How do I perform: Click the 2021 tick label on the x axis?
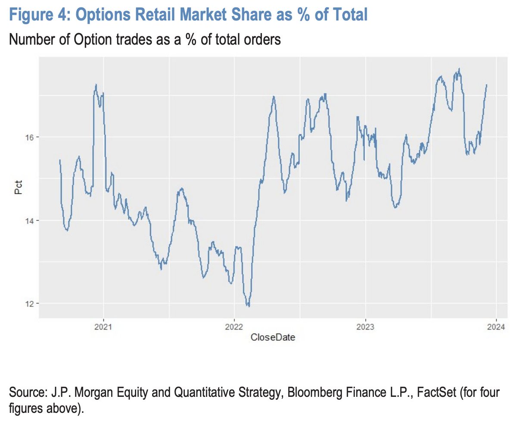(103, 327)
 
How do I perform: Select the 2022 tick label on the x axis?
(234, 327)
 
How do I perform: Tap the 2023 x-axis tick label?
(365, 327)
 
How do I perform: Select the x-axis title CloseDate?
(273, 338)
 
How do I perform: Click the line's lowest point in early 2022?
(249, 306)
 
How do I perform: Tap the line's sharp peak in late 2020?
(96, 84)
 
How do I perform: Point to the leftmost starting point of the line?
(59, 160)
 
